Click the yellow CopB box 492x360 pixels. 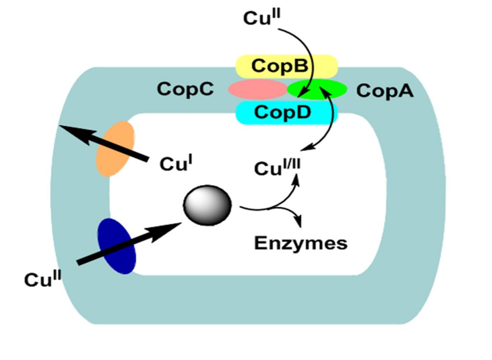click(286, 66)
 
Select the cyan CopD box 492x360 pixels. click(286, 113)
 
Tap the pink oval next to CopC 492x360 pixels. click(257, 89)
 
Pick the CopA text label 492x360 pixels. click(384, 91)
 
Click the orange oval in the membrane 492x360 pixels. click(115, 148)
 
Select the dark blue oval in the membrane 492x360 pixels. click(117, 246)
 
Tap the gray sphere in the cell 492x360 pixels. click(208, 205)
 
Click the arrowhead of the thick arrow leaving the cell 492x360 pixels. click(65, 128)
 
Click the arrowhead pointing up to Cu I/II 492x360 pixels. click(296, 180)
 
